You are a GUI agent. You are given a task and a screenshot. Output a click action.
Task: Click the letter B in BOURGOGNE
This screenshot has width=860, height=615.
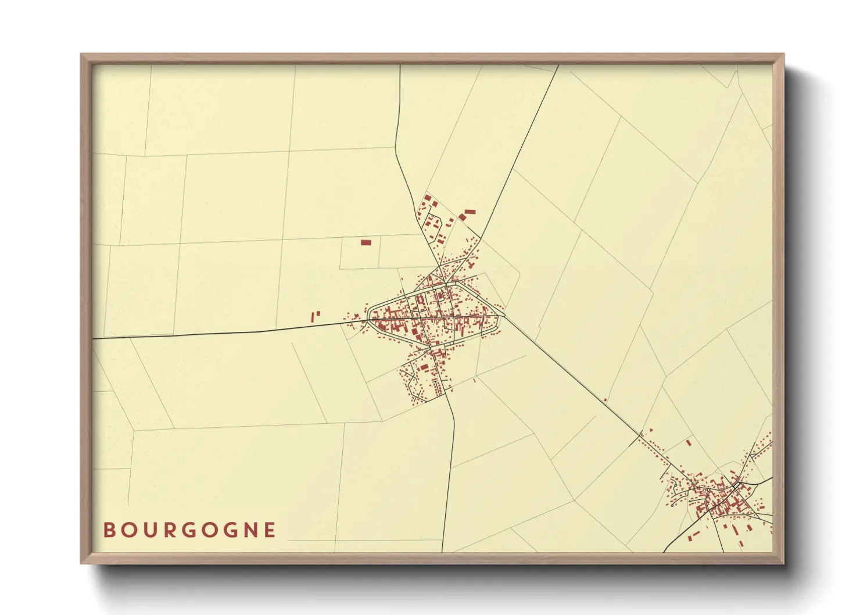pyautogui.click(x=108, y=530)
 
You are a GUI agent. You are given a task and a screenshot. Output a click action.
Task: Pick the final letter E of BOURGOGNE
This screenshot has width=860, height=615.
pyautogui.click(x=270, y=530)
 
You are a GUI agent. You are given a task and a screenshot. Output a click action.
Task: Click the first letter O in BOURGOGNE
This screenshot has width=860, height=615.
pyautogui.click(x=127, y=530)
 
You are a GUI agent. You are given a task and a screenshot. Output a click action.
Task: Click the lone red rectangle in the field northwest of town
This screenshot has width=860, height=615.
pyautogui.click(x=365, y=242)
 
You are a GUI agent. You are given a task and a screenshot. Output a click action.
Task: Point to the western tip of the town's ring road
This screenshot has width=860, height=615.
pyautogui.click(x=368, y=319)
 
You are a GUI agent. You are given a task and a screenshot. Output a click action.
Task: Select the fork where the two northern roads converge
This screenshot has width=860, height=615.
pyautogui.click(x=443, y=283)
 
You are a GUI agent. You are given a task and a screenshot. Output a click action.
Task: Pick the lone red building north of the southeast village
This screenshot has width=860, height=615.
pyautogui.click(x=689, y=443)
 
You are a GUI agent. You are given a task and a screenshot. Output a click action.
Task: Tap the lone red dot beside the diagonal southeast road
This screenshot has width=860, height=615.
pyautogui.click(x=605, y=400)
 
